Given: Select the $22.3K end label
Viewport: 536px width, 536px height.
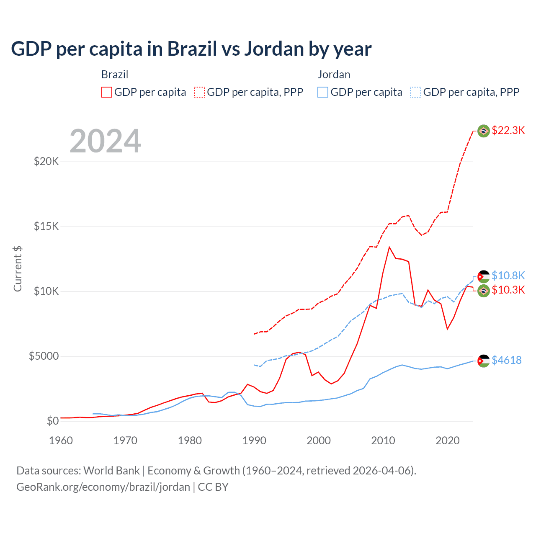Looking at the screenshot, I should coord(508,130).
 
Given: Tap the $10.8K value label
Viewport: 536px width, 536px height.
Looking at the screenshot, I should coord(508,276).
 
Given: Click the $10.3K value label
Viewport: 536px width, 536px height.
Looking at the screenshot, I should coord(508,290).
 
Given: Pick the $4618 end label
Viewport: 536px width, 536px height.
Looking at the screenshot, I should coord(506,360).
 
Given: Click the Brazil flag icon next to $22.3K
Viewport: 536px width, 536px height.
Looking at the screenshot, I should coord(484,131).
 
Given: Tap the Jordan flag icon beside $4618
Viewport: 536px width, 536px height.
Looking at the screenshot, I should coord(484,361).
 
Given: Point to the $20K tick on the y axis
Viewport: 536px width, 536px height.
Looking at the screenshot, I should coord(46,161).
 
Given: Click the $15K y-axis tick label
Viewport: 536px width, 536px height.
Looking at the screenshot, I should coord(46,226).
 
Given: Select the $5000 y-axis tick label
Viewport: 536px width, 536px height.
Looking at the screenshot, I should coord(44,356).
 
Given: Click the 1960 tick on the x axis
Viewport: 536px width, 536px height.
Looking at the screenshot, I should coord(61,441).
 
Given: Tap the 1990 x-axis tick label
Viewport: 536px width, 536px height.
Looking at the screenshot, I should coord(254,441).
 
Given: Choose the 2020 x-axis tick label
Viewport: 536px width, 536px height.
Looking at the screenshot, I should coord(447,441).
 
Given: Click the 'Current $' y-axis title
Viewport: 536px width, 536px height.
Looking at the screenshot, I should coord(18,269).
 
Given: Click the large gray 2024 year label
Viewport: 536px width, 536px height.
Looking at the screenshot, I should coord(105,141).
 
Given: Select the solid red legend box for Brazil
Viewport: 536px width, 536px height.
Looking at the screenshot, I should coord(107,92).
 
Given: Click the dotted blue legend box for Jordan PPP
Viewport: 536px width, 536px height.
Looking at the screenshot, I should coord(416,92).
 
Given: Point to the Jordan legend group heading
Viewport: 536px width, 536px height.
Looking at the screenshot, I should coord(334,75).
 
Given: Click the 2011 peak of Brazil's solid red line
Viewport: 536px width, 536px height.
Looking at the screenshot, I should coord(389,247).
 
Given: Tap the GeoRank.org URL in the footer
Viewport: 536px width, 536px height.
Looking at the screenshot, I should coord(103,487).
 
